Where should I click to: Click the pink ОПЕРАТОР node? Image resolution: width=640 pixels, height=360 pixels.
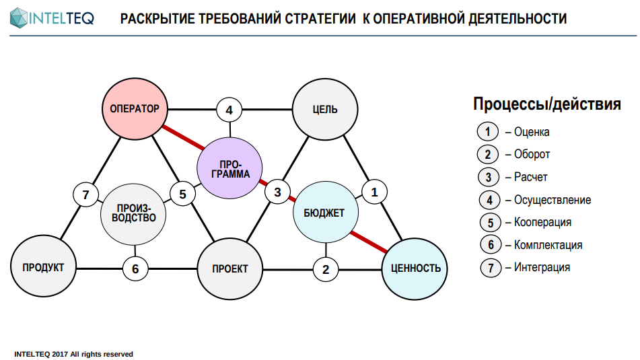click(x=134, y=108)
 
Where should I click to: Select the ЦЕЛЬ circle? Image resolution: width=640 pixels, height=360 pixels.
click(x=325, y=109)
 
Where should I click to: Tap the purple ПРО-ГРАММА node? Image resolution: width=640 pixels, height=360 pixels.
click(x=230, y=168)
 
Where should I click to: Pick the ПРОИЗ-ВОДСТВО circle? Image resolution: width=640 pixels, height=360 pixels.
click(x=133, y=213)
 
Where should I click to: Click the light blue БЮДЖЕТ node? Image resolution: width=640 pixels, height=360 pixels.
click(x=324, y=213)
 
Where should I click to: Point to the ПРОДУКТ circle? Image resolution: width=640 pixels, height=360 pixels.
click(x=43, y=268)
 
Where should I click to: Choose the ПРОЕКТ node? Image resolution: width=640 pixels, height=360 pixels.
click(x=229, y=268)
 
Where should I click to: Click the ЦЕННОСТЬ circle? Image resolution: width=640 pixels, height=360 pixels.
click(x=415, y=268)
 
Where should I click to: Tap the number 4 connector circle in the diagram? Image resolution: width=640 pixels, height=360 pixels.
click(x=229, y=109)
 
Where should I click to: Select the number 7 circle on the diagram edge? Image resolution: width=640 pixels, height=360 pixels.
click(x=85, y=195)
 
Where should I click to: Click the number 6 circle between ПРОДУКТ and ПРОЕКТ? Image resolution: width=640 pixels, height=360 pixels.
click(x=135, y=269)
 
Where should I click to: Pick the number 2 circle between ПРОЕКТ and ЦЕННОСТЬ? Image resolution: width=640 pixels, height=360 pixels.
click(x=326, y=269)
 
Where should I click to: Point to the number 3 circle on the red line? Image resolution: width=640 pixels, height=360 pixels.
click(x=277, y=192)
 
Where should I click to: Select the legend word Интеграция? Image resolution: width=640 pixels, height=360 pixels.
click(x=542, y=267)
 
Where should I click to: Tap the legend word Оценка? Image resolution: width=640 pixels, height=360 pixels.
click(x=532, y=132)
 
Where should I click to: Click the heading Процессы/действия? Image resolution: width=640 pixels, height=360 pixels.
click(x=546, y=104)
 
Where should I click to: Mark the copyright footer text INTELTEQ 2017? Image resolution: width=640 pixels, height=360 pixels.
click(x=74, y=354)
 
